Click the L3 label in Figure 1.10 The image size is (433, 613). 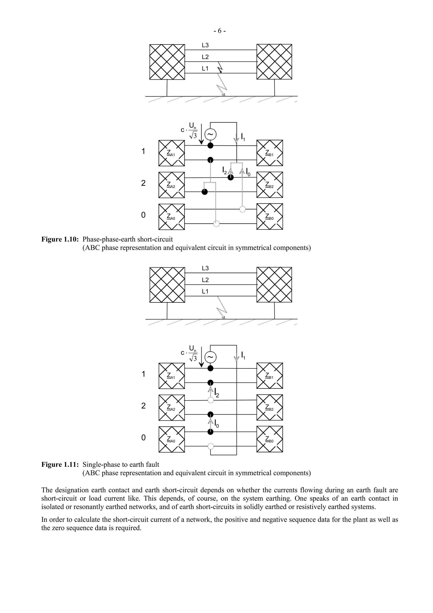coord(205,45)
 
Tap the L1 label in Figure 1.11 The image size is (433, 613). coord(205,291)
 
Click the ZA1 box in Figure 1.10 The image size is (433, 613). coord(171,153)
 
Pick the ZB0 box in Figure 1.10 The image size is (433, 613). coord(269,217)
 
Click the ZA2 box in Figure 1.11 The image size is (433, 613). coord(171,408)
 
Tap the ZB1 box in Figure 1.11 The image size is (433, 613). coord(269,376)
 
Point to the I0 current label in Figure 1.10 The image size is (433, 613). coord(248,172)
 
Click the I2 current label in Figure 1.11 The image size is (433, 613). coord(217,393)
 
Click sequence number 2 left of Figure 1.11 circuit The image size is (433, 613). coord(144,406)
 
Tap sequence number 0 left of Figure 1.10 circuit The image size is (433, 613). coord(144,215)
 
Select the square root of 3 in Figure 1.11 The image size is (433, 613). coord(193,358)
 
